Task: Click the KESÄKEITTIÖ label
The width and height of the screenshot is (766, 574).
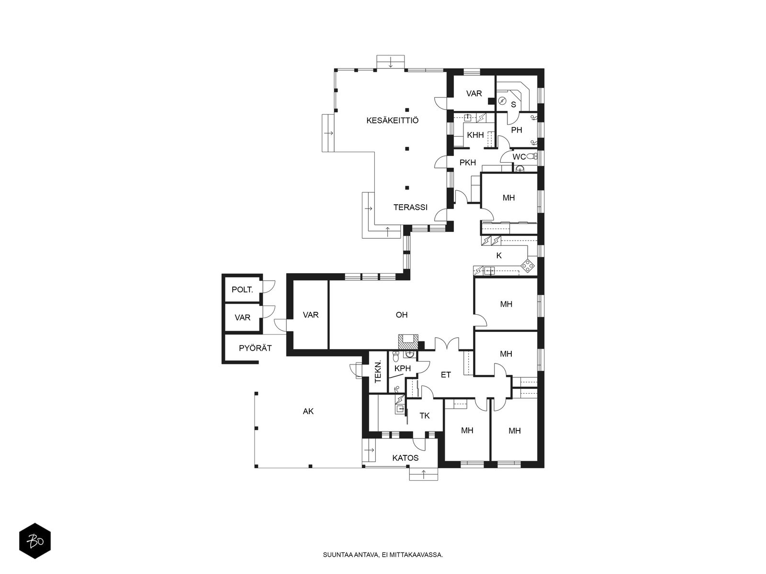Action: pos(392,121)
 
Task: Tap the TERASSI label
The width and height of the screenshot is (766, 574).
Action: pos(410,208)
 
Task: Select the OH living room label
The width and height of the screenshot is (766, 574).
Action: pos(401,315)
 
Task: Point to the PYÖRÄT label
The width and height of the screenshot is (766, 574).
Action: pos(255,348)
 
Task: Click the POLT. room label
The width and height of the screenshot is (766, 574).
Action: pos(242,289)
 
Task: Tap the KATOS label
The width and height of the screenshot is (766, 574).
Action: pos(405,458)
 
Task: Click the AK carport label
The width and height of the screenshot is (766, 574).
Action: pos(308,411)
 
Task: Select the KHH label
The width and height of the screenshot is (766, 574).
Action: pos(475,135)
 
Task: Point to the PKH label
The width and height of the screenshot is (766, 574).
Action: pos(468,163)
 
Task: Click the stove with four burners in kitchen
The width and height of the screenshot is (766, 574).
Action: pos(527,265)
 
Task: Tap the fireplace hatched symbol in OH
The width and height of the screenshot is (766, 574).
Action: pos(408,341)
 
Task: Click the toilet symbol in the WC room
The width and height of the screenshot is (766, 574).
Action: pos(531,156)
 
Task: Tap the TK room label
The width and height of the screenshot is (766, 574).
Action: pos(424,416)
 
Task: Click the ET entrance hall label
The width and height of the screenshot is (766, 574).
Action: pos(446,375)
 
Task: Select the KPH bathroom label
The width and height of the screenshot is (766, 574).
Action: pos(402,368)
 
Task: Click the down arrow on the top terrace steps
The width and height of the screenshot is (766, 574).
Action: pos(391,64)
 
